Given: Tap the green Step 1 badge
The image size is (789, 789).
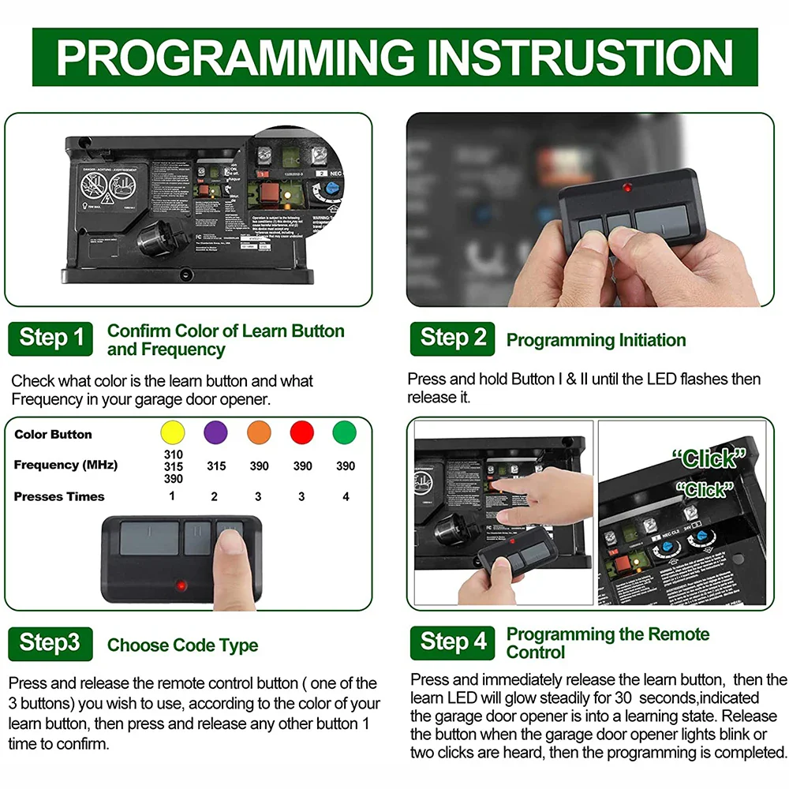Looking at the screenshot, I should (50, 338).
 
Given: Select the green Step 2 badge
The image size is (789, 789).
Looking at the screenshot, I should (452, 338).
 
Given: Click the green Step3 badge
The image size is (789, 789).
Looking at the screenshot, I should (50, 643).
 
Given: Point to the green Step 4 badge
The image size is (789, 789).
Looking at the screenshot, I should (453, 642).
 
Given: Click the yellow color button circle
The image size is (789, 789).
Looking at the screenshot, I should (172, 433).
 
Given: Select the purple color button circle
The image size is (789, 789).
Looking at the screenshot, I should (215, 433).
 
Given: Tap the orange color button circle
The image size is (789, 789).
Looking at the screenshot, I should (259, 433).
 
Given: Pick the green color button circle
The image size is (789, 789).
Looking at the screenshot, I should (345, 433).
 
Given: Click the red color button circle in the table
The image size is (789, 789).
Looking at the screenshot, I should (302, 433).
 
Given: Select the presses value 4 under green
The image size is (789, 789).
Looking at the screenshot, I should (345, 496).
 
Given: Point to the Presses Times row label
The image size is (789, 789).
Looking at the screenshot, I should (59, 496).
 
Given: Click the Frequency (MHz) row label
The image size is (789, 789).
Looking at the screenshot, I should (65, 465).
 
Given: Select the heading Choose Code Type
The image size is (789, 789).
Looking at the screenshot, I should (182, 645).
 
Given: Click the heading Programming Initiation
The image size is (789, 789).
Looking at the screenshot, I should (596, 341).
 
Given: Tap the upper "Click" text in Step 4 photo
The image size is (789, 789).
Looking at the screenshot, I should (709, 458).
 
